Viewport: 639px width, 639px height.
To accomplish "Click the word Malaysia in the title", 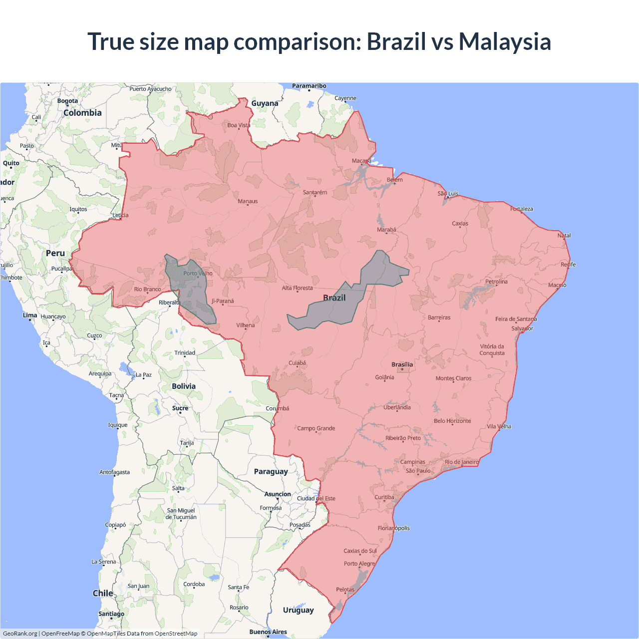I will tap(505, 41).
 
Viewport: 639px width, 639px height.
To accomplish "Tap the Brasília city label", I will tap(402, 364).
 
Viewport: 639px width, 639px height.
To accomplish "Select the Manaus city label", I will tap(248, 201).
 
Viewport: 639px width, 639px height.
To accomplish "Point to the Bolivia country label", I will tap(184, 386).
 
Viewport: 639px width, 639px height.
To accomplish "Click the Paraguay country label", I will tap(271, 471).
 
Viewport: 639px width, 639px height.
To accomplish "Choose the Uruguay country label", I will tap(298, 610).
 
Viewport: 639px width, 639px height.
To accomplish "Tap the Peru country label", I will tap(55, 253).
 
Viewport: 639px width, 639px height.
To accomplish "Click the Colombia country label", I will tap(82, 113).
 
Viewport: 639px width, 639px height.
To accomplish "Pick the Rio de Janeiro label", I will tap(461, 462).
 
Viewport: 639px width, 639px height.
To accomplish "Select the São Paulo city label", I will tap(418, 471).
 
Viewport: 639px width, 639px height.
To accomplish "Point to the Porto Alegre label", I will tap(359, 564).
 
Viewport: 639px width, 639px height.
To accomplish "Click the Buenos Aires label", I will tap(268, 632).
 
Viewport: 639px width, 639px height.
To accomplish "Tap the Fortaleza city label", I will tap(522, 209).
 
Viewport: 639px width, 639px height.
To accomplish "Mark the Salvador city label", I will tap(522, 328).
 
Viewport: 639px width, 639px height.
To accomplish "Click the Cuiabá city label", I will tap(297, 363).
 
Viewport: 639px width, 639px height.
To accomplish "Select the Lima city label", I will tap(30, 315).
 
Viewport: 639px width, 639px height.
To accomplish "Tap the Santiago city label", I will tap(111, 614).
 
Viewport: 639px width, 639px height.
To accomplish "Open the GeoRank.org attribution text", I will tap(20, 634).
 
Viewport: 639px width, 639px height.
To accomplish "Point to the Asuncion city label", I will tap(278, 494).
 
